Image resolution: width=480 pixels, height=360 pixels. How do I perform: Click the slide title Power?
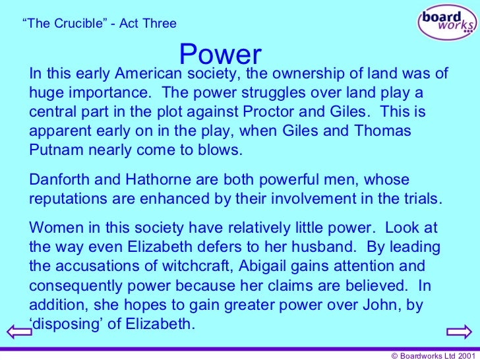(x=220, y=54)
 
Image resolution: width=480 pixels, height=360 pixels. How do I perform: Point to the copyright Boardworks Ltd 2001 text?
(x=432, y=354)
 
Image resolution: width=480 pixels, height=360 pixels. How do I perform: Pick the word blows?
(x=219, y=149)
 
